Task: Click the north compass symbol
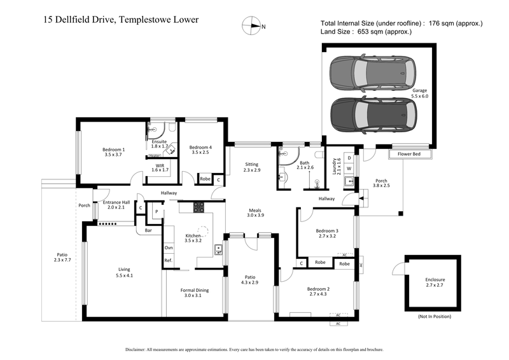point(251,26)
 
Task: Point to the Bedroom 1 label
point(114,152)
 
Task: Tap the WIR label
point(160,167)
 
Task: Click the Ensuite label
point(159,144)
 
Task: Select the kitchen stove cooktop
point(199,207)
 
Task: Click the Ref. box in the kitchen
point(169,261)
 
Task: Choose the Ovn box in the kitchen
point(169,247)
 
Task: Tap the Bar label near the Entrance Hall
point(148,230)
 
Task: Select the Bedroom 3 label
point(327,233)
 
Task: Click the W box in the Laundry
point(349,169)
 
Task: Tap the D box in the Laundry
point(349,157)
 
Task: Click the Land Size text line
point(366,31)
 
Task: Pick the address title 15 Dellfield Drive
point(122,20)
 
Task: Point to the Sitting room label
point(252,167)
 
